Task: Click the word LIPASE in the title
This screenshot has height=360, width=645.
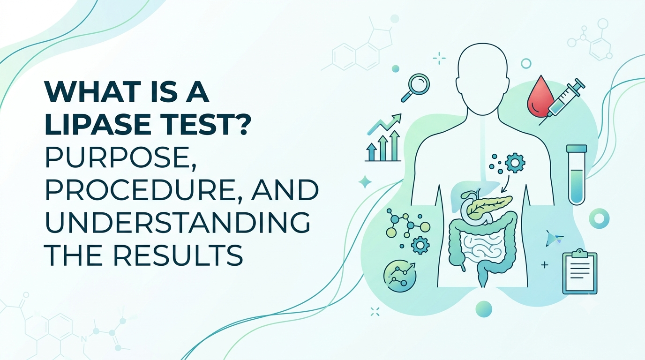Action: [98, 124]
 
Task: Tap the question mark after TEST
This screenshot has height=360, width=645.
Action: [239, 124]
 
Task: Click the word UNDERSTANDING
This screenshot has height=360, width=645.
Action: [178, 223]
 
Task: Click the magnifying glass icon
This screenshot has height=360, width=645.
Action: [415, 88]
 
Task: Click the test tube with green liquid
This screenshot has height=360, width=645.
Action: [577, 174]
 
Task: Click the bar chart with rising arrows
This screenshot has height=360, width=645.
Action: [383, 137]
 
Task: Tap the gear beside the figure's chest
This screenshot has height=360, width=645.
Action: [515, 163]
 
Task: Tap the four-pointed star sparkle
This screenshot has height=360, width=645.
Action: [365, 182]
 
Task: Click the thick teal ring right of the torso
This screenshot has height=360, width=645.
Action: [599, 218]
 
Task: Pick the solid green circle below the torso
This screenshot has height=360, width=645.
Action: [484, 309]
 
